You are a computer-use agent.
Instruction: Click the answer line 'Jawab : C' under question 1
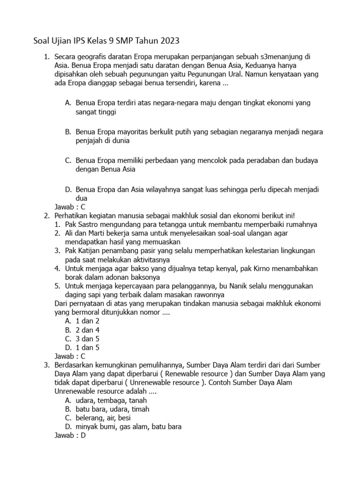[x=70, y=207]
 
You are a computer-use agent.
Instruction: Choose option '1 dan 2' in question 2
[x=88, y=321]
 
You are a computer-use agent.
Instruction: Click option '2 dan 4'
[x=88, y=330]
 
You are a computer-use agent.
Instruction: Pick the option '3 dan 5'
[x=88, y=339]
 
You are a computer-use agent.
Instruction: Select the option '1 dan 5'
[x=88, y=348]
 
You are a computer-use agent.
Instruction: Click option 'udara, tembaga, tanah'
[x=111, y=400]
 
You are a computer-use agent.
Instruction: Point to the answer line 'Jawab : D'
[x=70, y=435]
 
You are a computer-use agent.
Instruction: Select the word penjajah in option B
[x=89, y=140]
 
